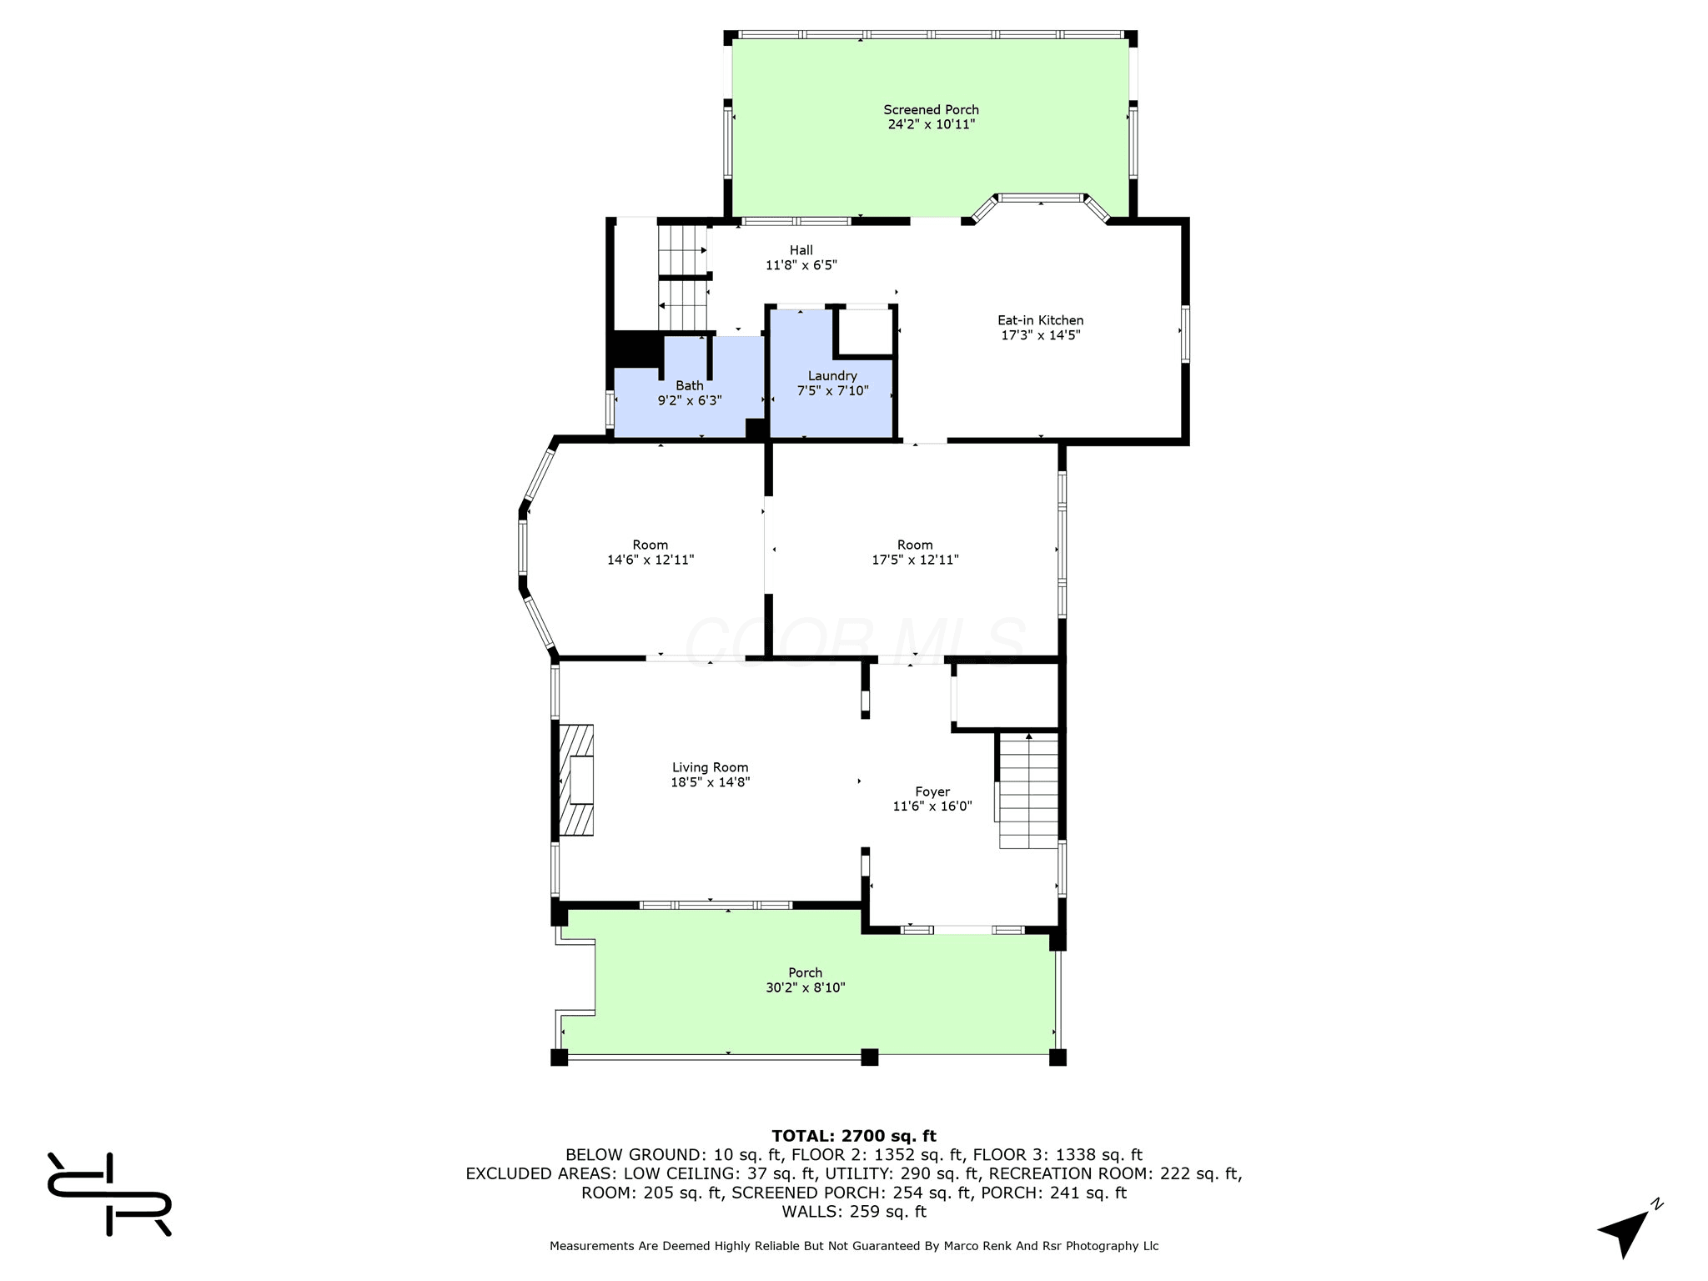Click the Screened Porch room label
click(x=931, y=110)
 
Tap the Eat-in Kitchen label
click(x=1041, y=320)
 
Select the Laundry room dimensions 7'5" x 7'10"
click(x=832, y=390)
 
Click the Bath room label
click(x=690, y=385)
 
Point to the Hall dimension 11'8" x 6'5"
click(x=801, y=265)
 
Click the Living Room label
click(x=711, y=767)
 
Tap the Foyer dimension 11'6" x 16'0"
click(x=932, y=806)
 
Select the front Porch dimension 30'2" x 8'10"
click(x=806, y=987)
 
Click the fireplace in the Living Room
click(x=576, y=780)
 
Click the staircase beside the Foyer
click(x=1028, y=791)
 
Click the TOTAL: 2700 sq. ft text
click(x=854, y=1136)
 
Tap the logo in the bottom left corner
click(x=109, y=1193)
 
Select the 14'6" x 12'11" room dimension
click(x=651, y=560)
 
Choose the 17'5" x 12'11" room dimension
click(x=915, y=560)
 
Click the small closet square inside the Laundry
click(x=864, y=333)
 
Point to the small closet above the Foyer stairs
click(x=1007, y=696)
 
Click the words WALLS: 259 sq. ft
click(x=854, y=1212)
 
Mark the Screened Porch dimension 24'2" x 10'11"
click(x=932, y=124)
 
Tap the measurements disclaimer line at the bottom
click(x=854, y=1246)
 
